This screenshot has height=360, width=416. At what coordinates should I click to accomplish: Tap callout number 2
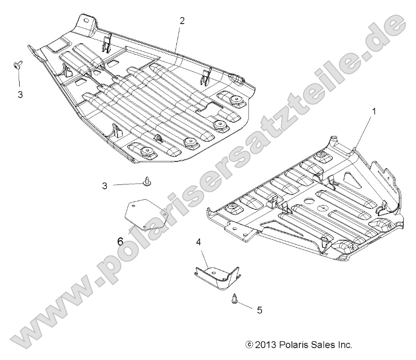[182, 21]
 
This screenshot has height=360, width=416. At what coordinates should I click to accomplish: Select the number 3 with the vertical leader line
[20, 95]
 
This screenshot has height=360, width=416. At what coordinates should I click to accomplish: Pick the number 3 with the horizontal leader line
[105, 185]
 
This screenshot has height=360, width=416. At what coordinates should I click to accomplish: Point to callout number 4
[198, 242]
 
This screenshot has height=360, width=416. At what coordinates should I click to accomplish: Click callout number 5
[260, 310]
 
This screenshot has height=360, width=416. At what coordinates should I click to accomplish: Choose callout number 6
[120, 241]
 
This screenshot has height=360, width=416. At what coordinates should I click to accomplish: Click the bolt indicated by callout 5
[235, 299]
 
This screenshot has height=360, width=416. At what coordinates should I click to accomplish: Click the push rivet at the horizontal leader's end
[147, 182]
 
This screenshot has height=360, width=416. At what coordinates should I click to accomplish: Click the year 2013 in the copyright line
[263, 345]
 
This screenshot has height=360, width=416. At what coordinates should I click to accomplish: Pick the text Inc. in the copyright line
[344, 345]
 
